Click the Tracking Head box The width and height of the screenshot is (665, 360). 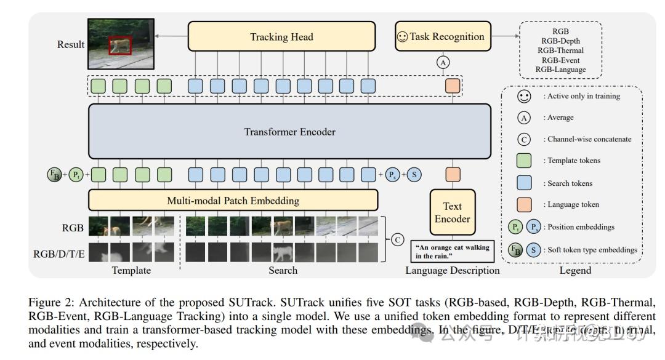(281, 36)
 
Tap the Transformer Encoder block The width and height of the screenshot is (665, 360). (289, 132)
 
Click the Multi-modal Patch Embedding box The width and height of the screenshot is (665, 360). (233, 201)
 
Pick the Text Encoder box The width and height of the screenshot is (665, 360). (453, 212)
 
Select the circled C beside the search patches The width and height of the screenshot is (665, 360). (398, 239)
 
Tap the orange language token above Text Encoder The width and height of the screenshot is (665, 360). (453, 175)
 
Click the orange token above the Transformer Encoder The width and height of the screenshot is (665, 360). (453, 86)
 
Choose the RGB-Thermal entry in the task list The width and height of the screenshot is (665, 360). (560, 50)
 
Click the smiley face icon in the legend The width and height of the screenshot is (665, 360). (523, 96)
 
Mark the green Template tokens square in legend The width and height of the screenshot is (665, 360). (523, 161)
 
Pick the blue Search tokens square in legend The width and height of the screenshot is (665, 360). (523, 183)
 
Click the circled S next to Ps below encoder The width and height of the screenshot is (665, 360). (414, 175)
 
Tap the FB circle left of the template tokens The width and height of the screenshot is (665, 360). (54, 175)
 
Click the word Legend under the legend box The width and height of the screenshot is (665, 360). (575, 270)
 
